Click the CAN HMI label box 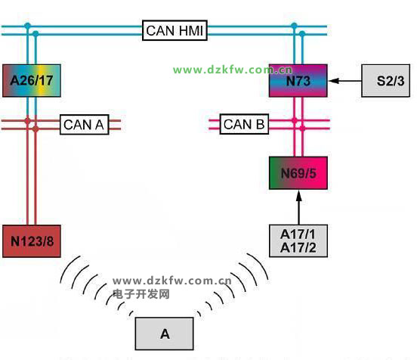coord(175,30)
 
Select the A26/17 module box coord(32,81)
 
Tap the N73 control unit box coord(298,81)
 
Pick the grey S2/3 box coord(385,81)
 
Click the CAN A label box coord(85,125)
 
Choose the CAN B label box coord(244,124)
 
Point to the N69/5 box coord(298,173)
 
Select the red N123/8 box coord(32,241)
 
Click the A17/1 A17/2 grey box coord(298,241)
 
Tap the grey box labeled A coord(165,334)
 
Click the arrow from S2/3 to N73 coord(345,81)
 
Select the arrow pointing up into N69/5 coord(299,207)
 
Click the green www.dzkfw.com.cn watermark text coord(233,70)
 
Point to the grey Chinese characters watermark coord(141,294)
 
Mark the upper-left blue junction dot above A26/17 coord(28,26)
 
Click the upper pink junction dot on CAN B coord(295,120)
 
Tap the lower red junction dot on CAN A coord(36,129)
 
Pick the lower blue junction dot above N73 coord(302,34)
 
